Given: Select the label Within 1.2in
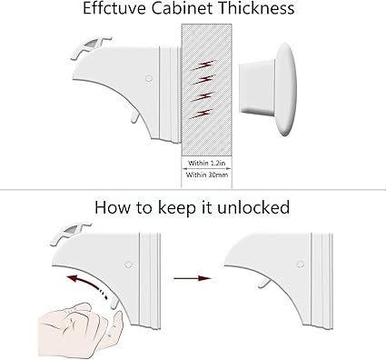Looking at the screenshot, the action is point(207,163).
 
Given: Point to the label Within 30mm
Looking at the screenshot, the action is point(207,175).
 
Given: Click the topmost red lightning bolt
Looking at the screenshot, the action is point(203,65).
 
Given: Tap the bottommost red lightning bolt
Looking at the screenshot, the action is point(201,114).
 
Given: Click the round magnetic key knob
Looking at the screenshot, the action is point(286,89).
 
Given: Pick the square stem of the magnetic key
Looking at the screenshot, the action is point(257,88).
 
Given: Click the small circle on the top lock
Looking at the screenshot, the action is point(149,78).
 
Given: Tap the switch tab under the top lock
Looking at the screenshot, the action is point(135,116).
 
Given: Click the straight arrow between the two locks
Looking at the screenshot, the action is point(193,278).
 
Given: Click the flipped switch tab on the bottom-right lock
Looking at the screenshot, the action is point(264,284).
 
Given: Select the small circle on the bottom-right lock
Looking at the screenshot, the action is point(301,264).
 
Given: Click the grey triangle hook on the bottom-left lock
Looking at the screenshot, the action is point(71,231).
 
